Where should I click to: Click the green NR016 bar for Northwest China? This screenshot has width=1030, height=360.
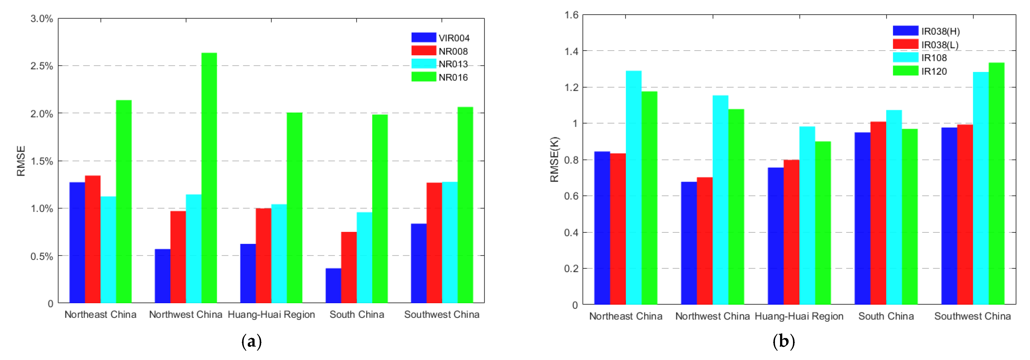tap(209, 178)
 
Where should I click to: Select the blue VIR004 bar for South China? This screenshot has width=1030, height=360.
tap(333, 285)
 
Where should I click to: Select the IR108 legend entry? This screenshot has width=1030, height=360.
tap(920, 58)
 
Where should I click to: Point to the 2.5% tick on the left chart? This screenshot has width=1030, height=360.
tap(41, 66)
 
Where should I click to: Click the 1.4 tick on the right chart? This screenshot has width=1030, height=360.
tap(571, 51)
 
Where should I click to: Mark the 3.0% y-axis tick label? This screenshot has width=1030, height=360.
tap(41, 19)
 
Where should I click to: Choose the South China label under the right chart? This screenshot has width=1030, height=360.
tap(886, 316)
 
